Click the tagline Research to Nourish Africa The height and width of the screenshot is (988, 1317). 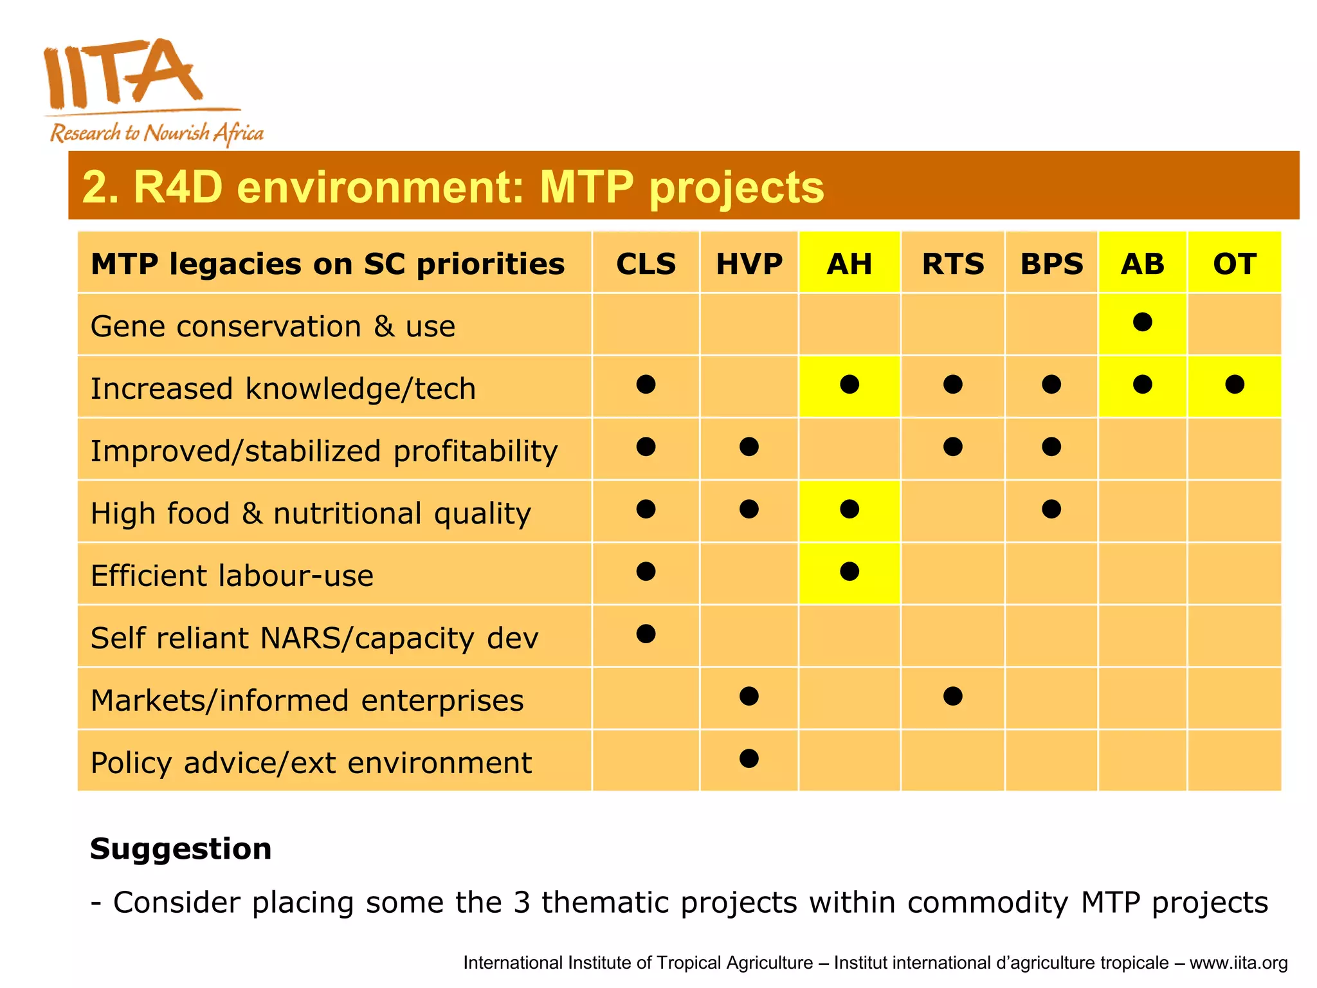click(157, 133)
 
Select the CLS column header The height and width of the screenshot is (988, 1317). click(646, 264)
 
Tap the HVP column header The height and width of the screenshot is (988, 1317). click(749, 264)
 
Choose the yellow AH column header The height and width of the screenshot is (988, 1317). click(849, 264)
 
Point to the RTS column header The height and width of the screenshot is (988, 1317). click(952, 264)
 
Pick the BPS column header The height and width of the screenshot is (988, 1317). click(1051, 264)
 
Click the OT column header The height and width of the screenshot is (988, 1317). click(1234, 264)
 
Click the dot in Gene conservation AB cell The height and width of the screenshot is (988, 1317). click(1142, 322)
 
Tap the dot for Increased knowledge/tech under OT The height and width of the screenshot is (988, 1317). click(1234, 384)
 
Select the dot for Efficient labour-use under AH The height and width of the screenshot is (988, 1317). click(849, 571)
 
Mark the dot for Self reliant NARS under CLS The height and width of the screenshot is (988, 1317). click(646, 634)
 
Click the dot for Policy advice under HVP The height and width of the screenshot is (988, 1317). click(749, 758)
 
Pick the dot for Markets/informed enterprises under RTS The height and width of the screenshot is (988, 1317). click(952, 696)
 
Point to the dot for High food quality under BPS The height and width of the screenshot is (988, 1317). click(1051, 509)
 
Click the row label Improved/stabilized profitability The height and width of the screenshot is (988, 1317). click(323, 451)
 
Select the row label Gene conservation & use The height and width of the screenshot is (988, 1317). click(273, 326)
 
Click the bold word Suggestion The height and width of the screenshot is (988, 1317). click(181, 848)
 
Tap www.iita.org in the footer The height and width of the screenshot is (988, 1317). click(1238, 963)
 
